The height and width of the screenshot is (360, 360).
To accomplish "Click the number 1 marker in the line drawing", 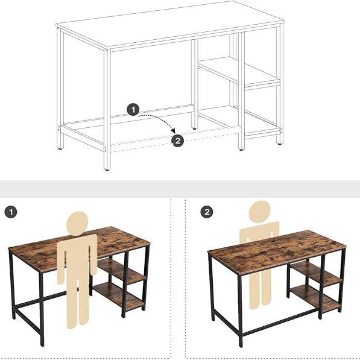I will (133, 110).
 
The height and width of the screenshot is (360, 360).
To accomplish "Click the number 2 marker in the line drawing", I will (177, 141).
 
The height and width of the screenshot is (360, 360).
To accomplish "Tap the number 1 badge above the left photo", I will (10, 212).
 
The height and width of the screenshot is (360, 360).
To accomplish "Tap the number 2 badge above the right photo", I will (207, 212).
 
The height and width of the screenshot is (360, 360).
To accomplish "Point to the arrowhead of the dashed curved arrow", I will (173, 131).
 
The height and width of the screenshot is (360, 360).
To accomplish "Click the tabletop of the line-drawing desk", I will (169, 24).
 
